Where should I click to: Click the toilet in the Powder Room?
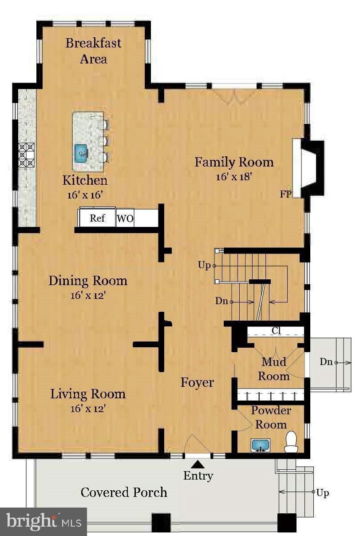pyautogui.click(x=291, y=442)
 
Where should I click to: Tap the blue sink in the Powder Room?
pyautogui.click(x=261, y=445)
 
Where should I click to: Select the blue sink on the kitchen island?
pyautogui.click(x=81, y=153)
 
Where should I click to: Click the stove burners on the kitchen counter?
pyautogui.click(x=27, y=155)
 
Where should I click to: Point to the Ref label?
pyautogui.click(x=97, y=218)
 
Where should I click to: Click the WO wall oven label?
pyautogui.click(x=125, y=218)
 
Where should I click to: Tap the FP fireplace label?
pyautogui.click(x=286, y=195)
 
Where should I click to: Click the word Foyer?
pyautogui.click(x=197, y=382)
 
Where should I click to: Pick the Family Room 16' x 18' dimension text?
pyautogui.click(x=234, y=177)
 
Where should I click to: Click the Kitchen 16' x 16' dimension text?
pyautogui.click(x=85, y=195)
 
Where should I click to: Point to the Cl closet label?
pyautogui.click(x=276, y=330)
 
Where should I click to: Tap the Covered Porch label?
pyautogui.click(x=124, y=492)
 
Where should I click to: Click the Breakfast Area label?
pyautogui.click(x=93, y=51)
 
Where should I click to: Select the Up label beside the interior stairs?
pyautogui.click(x=204, y=266)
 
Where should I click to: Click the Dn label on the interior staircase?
pyautogui.click(x=222, y=301)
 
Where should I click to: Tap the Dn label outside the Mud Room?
pyautogui.click(x=326, y=362)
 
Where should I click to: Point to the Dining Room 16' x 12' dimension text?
pyautogui.click(x=88, y=296)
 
